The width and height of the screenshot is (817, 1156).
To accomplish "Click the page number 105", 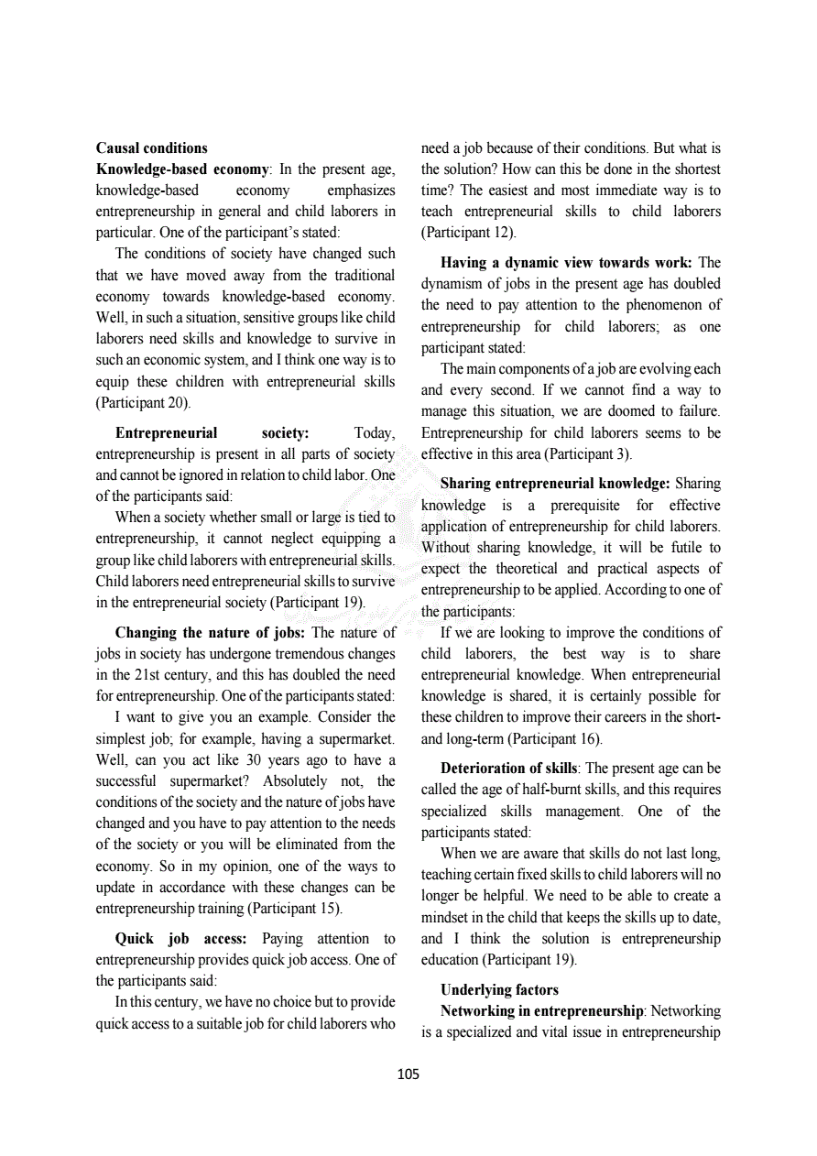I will tap(408, 1074).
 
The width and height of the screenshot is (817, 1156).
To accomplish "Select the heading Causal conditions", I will tap(151, 147).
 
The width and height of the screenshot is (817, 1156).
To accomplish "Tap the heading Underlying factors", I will tap(499, 989).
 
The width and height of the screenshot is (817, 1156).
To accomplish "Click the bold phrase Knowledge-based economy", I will tap(182, 169).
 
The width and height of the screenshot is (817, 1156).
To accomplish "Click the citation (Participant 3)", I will tap(587, 453).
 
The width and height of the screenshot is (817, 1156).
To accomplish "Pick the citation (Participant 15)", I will tap(294, 909).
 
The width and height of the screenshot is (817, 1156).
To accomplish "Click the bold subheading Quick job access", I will tap(180, 938).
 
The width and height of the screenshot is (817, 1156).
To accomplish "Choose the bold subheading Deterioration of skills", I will tap(508, 768).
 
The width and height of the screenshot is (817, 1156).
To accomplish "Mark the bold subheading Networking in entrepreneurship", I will tap(542, 1010).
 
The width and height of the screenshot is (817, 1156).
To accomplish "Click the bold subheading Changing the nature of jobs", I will tap(210, 632).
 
